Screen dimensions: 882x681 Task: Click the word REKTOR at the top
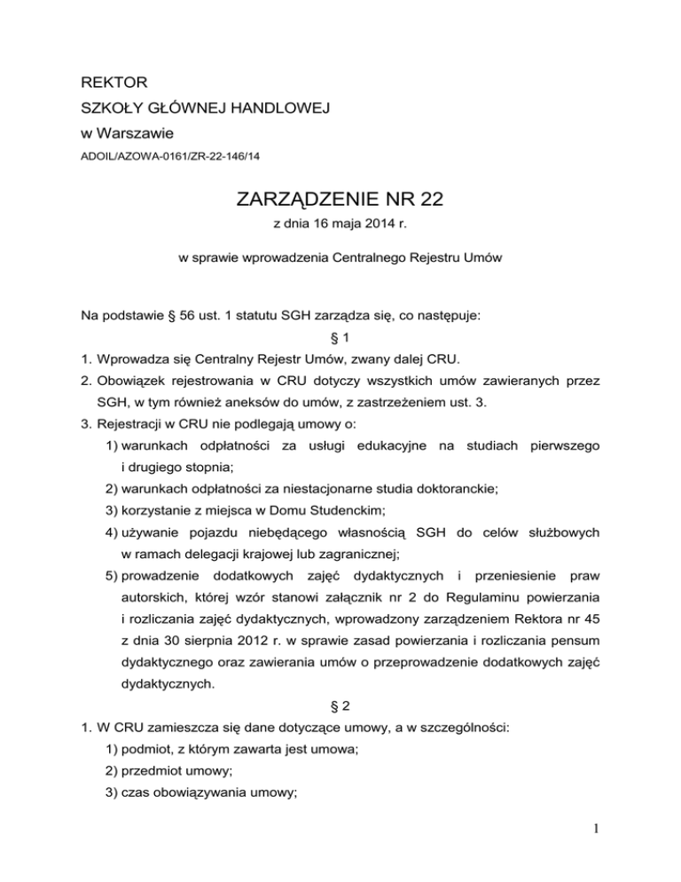click(x=104, y=88)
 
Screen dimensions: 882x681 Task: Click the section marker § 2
click(x=340, y=708)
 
